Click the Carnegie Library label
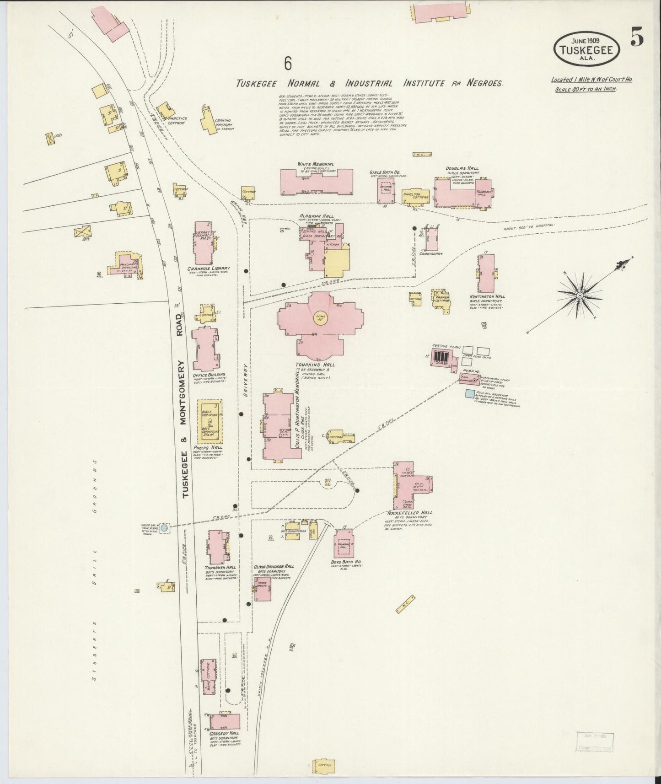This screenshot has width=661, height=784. point(208,268)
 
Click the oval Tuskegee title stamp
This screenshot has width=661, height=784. point(586,48)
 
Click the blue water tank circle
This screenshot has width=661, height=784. point(164,527)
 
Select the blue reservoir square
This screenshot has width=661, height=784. point(469,393)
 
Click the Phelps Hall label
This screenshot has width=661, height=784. point(208,448)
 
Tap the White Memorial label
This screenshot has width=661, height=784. point(315,164)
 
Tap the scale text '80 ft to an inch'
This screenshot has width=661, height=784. point(586,89)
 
